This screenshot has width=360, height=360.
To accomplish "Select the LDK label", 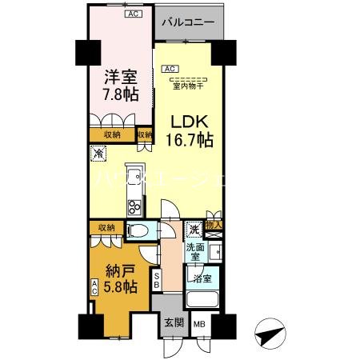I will pyautogui.click(x=190, y=122).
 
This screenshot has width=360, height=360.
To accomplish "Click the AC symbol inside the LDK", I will pyautogui.click(x=170, y=69).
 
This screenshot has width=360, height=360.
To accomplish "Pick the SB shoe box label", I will pyautogui.click(x=157, y=280).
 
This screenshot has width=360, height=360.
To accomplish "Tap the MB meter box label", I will pyautogui.click(x=197, y=325).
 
